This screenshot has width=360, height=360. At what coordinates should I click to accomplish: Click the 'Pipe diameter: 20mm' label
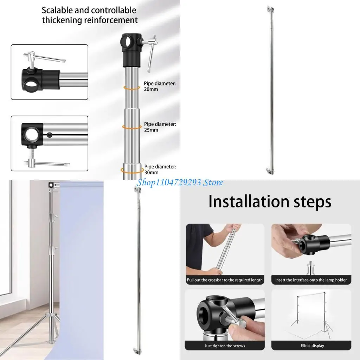160,86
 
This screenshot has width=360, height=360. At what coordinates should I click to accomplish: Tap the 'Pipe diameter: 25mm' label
160,127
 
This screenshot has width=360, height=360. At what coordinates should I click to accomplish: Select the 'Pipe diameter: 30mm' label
160,169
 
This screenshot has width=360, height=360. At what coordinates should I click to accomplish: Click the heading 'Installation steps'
270,202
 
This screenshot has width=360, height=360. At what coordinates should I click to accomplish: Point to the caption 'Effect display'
312,346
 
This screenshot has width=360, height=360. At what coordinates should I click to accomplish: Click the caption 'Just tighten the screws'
225,346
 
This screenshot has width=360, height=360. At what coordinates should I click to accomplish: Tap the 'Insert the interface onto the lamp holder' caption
311,280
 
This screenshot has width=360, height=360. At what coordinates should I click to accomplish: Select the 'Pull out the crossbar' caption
225,280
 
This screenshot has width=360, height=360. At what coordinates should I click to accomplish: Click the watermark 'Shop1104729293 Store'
180,182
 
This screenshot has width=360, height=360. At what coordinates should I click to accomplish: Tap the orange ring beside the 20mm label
132,88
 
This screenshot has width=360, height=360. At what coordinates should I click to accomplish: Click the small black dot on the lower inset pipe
50,134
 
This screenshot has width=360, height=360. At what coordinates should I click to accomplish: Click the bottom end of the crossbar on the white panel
269,171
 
